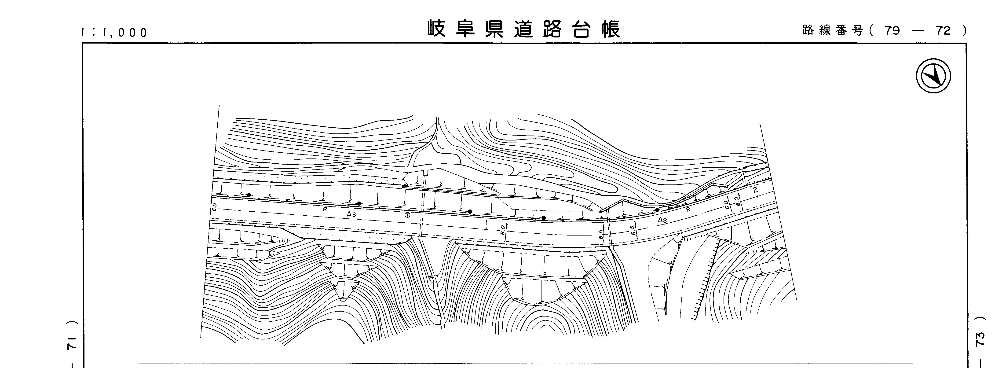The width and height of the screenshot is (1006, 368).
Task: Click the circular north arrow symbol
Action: pyautogui.click(x=933, y=76)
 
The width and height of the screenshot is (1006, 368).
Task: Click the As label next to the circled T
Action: pyautogui.click(x=351, y=214)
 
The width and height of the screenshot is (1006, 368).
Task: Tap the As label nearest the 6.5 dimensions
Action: pyautogui.click(x=662, y=220)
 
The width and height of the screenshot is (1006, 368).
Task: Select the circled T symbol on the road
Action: pyautogui.click(x=407, y=215)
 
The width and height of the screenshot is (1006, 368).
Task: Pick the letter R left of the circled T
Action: pyautogui.click(x=325, y=209)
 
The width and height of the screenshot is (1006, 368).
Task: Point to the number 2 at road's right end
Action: pyautogui.click(x=755, y=190)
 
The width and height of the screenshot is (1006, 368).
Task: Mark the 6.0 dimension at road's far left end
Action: pyautogui.click(x=214, y=207)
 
